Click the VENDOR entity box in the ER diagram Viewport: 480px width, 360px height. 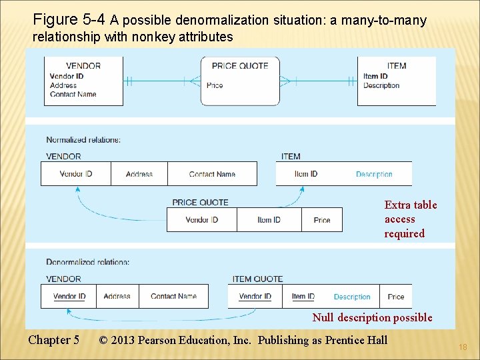click(83, 81)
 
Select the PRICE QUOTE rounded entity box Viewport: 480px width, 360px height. click(240, 81)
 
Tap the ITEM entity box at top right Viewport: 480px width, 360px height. click(396, 81)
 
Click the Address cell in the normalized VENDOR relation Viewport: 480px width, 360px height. click(139, 174)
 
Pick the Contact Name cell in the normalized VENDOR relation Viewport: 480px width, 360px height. click(212, 174)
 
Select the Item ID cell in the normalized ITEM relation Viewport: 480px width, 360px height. click(306, 174)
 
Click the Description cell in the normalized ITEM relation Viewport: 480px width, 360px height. click(374, 174)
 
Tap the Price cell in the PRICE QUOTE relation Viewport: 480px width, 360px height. click(322, 220)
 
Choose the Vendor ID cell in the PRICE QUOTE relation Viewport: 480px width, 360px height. click(202, 220)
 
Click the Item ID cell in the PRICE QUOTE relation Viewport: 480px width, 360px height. click(269, 220)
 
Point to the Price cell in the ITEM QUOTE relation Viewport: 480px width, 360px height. click(396, 297)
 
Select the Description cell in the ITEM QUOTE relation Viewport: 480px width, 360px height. click(352, 297)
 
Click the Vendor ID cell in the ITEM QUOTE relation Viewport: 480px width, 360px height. click(255, 297)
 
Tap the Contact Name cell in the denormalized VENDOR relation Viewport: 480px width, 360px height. click(173, 297)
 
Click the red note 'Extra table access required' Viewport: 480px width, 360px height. click(411, 219)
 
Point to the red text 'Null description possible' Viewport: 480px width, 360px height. click(372, 318)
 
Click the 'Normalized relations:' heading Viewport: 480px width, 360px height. click(83, 140)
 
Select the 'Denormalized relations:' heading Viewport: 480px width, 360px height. click(88, 262)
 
